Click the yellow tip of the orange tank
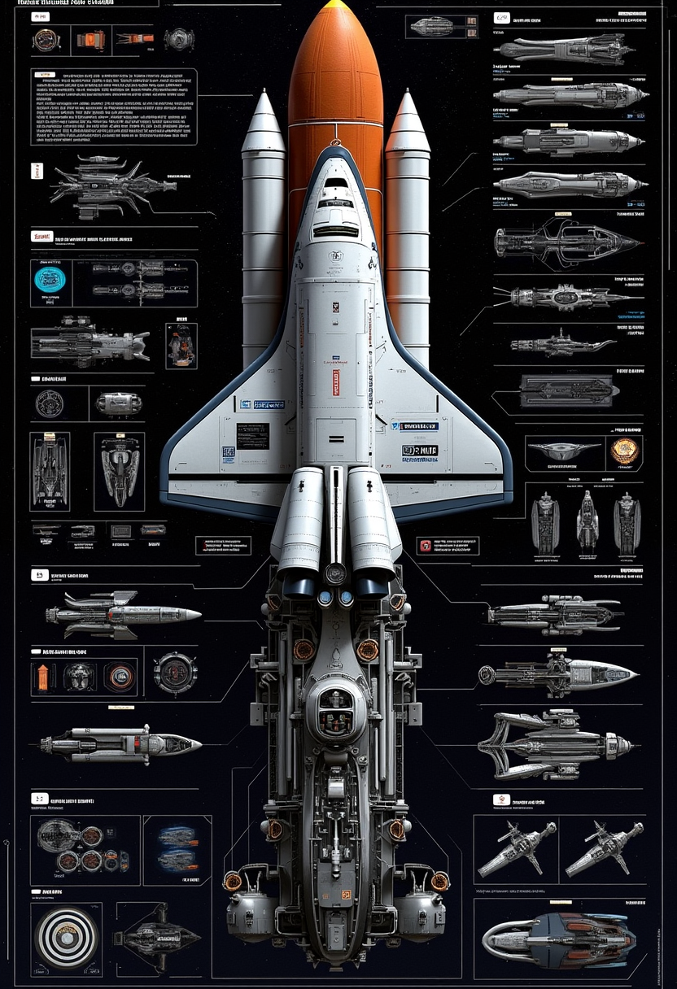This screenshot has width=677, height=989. point(335,5)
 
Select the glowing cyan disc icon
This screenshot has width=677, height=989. point(50,279)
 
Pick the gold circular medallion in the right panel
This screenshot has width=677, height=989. point(624,451)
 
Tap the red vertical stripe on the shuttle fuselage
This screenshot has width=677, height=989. point(335,382)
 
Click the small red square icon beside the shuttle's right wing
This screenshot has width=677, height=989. point(423,546)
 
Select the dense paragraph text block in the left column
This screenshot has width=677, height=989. point(114,106)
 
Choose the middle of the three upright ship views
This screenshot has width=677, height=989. point(586,519)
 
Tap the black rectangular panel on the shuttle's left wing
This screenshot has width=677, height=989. point(252,435)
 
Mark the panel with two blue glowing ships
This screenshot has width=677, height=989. point(177,849)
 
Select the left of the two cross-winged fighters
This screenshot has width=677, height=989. point(516,849)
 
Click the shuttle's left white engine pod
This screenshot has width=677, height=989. point(298,521)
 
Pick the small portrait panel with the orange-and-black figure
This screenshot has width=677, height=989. point(181,345)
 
